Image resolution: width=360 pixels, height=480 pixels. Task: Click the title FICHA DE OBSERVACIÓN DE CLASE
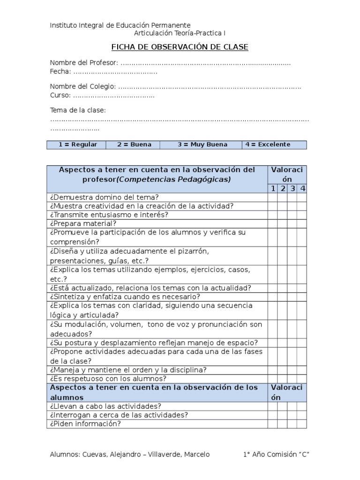(180, 47)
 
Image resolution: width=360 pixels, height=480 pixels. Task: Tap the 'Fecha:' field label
(60, 71)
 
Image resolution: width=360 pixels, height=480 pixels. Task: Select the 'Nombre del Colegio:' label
(82, 86)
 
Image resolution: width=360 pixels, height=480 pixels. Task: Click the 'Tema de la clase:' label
(78, 110)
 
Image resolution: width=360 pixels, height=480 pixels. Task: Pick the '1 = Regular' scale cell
(77, 144)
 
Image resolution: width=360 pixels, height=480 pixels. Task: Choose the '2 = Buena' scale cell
(134, 144)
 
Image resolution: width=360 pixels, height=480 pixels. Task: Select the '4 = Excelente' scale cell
(274, 144)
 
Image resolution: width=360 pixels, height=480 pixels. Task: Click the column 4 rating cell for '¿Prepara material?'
(302, 224)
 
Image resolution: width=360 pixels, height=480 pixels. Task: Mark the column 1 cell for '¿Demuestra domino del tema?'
(272, 197)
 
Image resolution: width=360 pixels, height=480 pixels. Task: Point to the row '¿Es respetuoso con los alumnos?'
(107, 378)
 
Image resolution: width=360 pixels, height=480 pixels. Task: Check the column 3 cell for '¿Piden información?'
(292, 424)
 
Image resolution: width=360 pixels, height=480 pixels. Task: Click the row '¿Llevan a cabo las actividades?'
(105, 406)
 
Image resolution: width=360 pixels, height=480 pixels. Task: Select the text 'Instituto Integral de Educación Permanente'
(120, 25)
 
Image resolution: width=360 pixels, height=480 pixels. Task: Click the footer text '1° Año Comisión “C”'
(277, 455)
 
